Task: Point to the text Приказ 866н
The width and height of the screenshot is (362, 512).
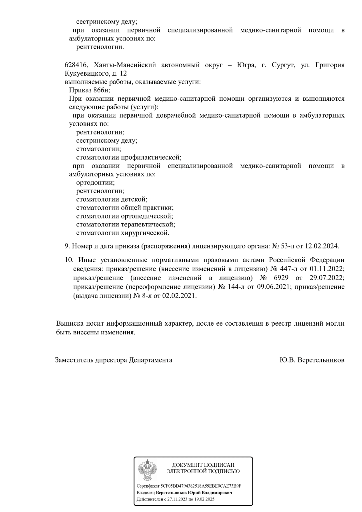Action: coord(89,90)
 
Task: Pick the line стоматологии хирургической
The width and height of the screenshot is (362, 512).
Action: coord(123,233)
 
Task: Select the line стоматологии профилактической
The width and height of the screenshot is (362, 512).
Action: coord(129,157)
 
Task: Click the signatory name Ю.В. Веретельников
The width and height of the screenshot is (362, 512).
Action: coord(312,360)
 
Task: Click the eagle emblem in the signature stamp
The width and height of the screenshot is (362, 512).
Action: coord(147,470)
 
